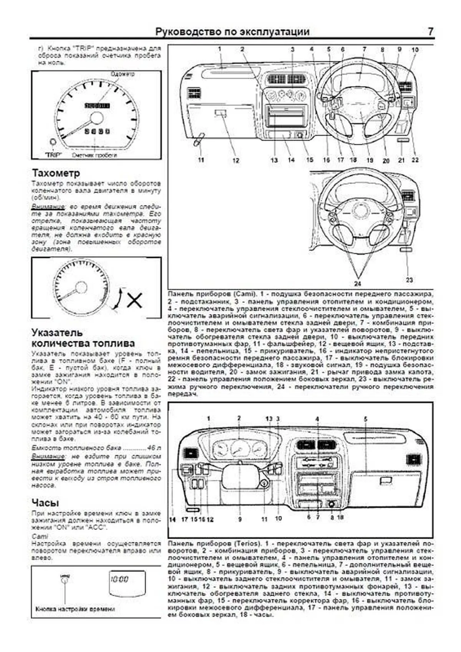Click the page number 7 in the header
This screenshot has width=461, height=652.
click(x=431, y=32)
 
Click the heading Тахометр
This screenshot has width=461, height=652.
click(x=56, y=173)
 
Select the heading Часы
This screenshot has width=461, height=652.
click(x=45, y=503)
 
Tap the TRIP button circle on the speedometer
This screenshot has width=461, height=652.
click(x=52, y=142)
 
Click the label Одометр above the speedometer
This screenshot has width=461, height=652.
click(x=122, y=74)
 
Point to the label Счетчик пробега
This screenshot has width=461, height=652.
click(x=94, y=156)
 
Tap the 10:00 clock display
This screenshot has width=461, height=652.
click(x=119, y=579)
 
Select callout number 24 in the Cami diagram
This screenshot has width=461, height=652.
click(x=357, y=284)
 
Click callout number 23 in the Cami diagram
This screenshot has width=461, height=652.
click(x=409, y=280)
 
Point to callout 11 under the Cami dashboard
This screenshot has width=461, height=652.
click(x=201, y=160)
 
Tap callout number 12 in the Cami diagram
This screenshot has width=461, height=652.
click(x=235, y=161)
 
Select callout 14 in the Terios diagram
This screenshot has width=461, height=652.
click(x=172, y=519)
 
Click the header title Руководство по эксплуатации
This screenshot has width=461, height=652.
click(x=232, y=32)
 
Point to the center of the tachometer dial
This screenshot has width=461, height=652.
click(x=81, y=288)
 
